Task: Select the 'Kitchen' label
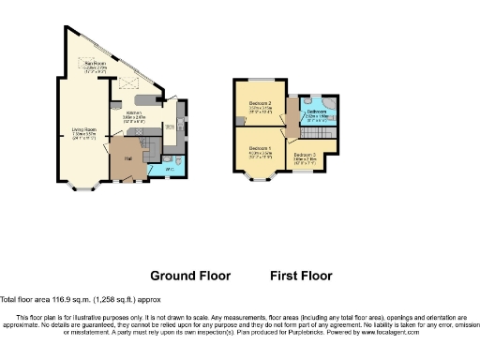pos(136,112)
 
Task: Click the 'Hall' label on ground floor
pos(127,158)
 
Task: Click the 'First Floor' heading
pos(301,277)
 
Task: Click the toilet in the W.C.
pos(179,167)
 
